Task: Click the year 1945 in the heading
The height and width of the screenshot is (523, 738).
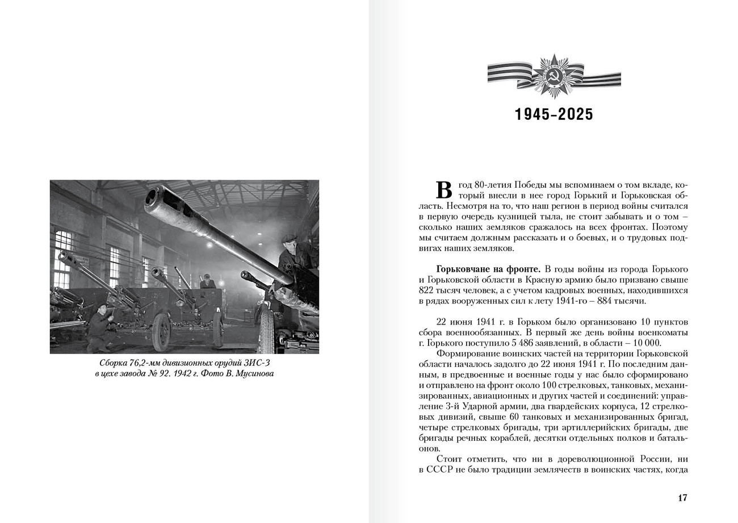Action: [532, 115]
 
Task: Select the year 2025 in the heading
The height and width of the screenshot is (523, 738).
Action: [575, 115]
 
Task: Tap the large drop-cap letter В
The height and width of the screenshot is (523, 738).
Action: [444, 190]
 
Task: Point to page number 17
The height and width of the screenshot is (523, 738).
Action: [682, 498]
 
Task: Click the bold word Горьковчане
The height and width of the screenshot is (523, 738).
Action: [460, 269]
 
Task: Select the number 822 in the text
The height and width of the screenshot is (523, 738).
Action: [428, 290]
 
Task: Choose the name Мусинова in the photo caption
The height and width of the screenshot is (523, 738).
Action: [253, 373]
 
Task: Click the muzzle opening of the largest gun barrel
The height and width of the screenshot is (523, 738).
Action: [152, 196]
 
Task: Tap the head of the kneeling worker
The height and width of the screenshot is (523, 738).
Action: [103, 308]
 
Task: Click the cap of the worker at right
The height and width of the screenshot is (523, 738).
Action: [289, 238]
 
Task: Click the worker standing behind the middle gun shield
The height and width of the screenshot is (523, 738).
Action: [207, 280]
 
